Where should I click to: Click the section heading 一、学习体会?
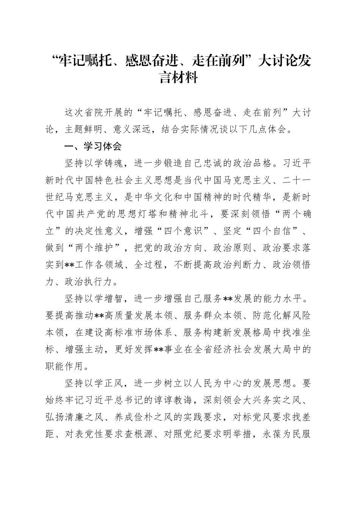pyautogui.click(x=93, y=146)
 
